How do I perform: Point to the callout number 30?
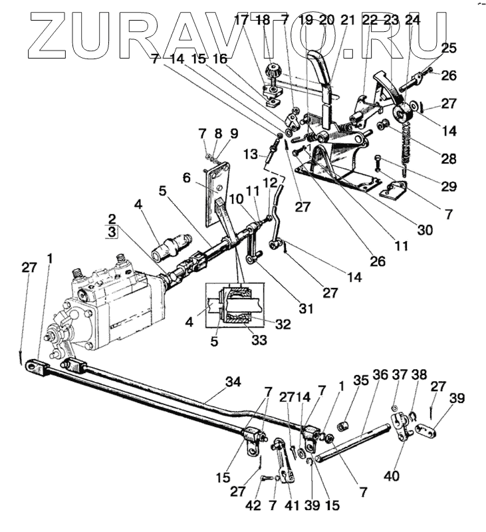425,231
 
